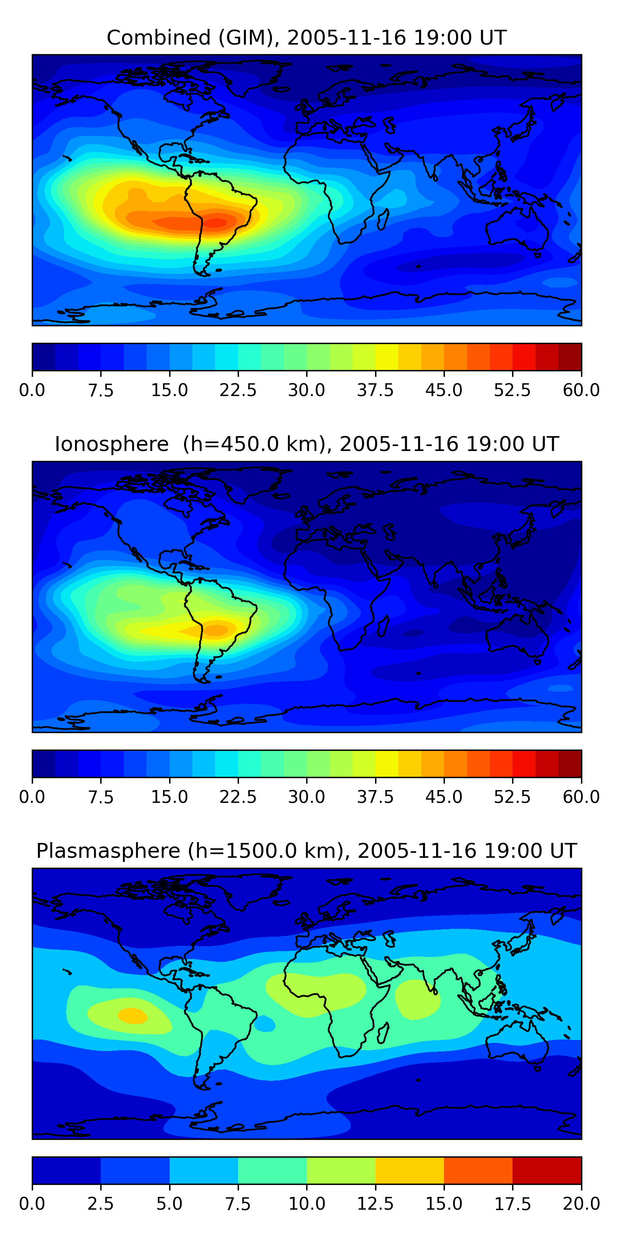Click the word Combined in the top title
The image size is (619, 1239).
pyautogui.click(x=158, y=38)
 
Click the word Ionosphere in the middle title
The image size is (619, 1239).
pyautogui.click(x=111, y=444)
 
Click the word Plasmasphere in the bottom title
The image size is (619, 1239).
pyautogui.click(x=108, y=851)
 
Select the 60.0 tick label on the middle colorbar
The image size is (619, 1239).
pyautogui.click(x=581, y=797)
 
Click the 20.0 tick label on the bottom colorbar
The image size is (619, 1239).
pyautogui.click(x=581, y=1204)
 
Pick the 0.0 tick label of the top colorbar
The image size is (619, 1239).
pyautogui.click(x=32, y=390)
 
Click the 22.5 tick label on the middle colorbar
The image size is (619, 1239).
pyautogui.click(x=238, y=797)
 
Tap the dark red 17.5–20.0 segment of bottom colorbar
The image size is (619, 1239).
pyautogui.click(x=547, y=1170)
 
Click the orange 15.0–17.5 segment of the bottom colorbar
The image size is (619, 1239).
pyautogui.click(x=478, y=1170)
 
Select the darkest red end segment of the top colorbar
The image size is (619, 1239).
pyautogui.click(x=570, y=357)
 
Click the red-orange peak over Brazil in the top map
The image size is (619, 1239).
pyautogui.click(x=216, y=222)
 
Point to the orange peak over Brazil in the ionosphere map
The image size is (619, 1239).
pyautogui.click(x=216, y=629)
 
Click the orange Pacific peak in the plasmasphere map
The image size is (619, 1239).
pyautogui.click(x=132, y=1015)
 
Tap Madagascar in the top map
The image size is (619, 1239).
pyautogui.click(x=383, y=219)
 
